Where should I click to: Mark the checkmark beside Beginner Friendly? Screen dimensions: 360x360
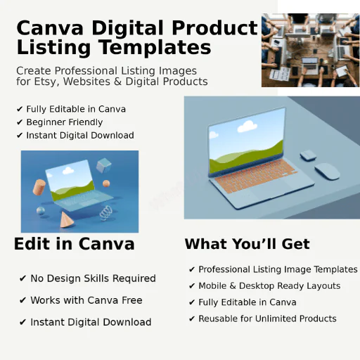[x=19, y=122]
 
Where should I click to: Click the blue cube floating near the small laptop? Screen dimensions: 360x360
[x=104, y=166]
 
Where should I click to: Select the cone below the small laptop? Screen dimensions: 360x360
[x=67, y=221]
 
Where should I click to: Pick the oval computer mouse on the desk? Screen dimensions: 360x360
[x=326, y=171]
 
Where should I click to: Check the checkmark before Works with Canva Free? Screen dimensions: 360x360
[x=22, y=300]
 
